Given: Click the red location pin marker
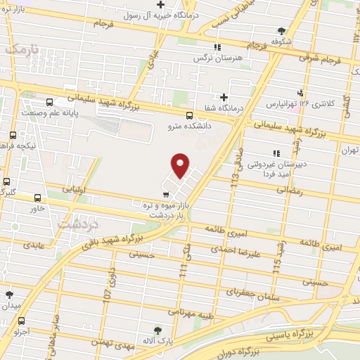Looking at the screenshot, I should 181,165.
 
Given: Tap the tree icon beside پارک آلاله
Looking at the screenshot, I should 158,329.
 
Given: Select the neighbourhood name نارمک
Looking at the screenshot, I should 20,49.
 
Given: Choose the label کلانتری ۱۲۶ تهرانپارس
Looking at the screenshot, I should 299,103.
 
